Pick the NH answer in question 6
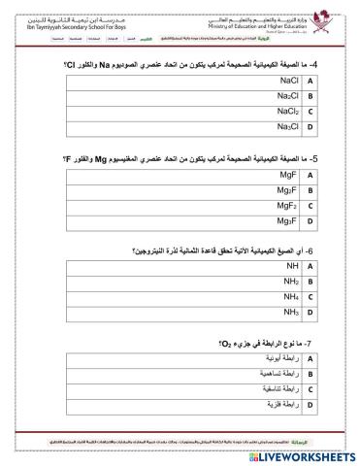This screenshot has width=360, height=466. (291, 266)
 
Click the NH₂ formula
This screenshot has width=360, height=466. (290, 282)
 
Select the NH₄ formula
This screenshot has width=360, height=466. (290, 296)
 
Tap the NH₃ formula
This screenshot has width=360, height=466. (290, 312)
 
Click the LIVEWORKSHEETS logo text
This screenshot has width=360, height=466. (300, 454)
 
